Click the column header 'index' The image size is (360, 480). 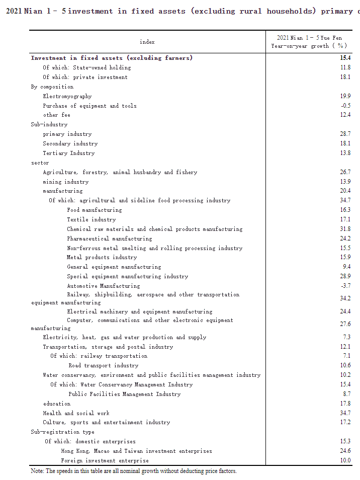pyautogui.click(x=147, y=42)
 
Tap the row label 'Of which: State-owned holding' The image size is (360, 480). pyautogui.click(x=86, y=67)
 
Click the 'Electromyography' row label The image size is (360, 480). pyautogui.click(x=67, y=96)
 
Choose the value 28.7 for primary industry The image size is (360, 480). pyautogui.click(x=345, y=134)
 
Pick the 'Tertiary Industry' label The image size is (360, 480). pyautogui.click(x=68, y=153)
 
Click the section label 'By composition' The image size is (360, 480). pyautogui.click(x=52, y=87)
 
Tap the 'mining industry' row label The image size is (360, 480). pyautogui.click(x=65, y=182)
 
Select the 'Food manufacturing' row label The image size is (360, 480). pyautogui.click(x=94, y=210)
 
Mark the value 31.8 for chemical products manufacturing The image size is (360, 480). pyautogui.click(x=345, y=229)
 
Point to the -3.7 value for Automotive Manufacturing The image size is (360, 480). pyautogui.click(x=345, y=286)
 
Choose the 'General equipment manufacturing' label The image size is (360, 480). pyautogui.click(x=114, y=267)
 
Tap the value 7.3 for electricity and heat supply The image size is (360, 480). pyautogui.click(x=346, y=337)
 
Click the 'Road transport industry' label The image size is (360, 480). pyautogui.click(x=103, y=365)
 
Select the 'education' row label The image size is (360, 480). pyautogui.click(x=56, y=404)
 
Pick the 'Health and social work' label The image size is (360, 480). pyautogui.click(x=76, y=413)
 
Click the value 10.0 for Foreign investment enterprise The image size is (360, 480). pyautogui.click(x=345, y=460)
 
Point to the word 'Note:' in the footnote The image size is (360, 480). pyautogui.click(x=37, y=471)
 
